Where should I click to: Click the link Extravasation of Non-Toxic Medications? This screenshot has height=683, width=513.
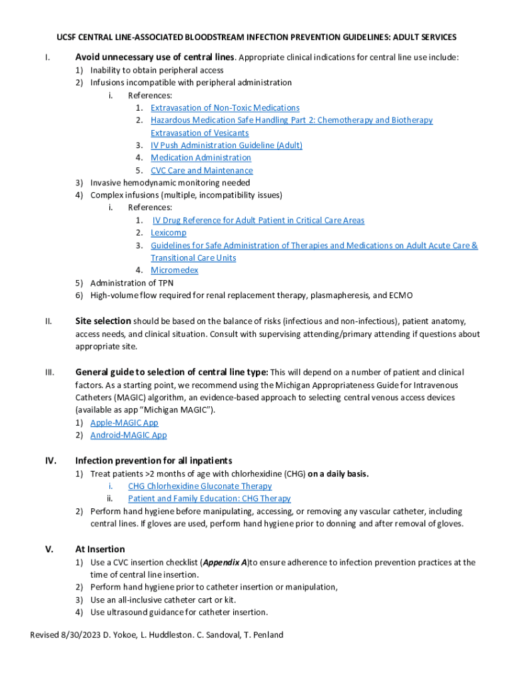pyautogui.click(x=225, y=108)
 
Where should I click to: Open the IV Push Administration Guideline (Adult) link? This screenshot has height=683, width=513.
pyautogui.click(x=227, y=145)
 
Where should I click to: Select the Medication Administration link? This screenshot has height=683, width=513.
pyautogui.click(x=201, y=158)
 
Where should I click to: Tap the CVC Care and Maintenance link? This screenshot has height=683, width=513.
pyautogui.click(x=201, y=171)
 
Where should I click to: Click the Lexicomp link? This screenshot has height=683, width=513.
pyautogui.click(x=168, y=233)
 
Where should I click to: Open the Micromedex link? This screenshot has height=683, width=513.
pyautogui.click(x=174, y=270)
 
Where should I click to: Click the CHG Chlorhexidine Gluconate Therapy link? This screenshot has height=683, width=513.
pyautogui.click(x=200, y=486)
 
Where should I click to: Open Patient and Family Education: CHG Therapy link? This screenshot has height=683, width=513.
pyautogui.click(x=209, y=498)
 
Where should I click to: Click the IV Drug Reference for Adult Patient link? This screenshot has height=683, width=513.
pyautogui.click(x=258, y=220)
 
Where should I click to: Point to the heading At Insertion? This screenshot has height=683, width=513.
pyautogui.click(x=100, y=549)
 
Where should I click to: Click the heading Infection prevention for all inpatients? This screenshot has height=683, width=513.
pyautogui.click(x=153, y=461)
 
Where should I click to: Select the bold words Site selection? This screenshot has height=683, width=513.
pyautogui.click(x=103, y=321)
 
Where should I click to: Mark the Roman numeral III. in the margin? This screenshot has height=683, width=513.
pyautogui.click(x=49, y=372)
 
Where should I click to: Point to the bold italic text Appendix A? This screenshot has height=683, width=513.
pyautogui.click(x=225, y=562)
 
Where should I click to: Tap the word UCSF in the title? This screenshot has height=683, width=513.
pyautogui.click(x=67, y=37)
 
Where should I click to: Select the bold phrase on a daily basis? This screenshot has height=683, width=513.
pyautogui.click(x=338, y=474)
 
